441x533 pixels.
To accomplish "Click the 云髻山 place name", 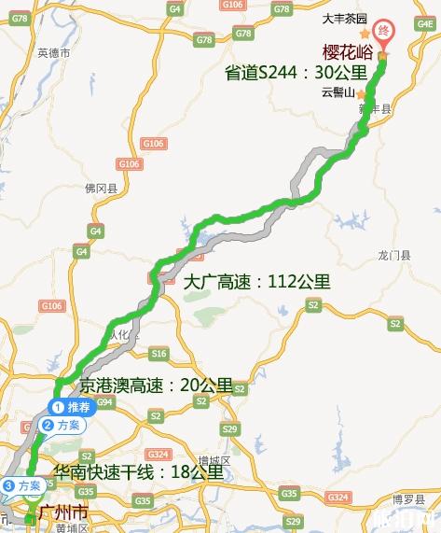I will (x=338, y=92).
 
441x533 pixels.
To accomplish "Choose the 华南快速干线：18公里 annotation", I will (x=139, y=471).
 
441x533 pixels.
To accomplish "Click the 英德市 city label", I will (x=54, y=52).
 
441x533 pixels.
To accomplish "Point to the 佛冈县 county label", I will (x=100, y=189).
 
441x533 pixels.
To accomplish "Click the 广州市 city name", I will (x=64, y=513).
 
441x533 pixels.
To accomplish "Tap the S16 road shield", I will (x=158, y=354).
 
